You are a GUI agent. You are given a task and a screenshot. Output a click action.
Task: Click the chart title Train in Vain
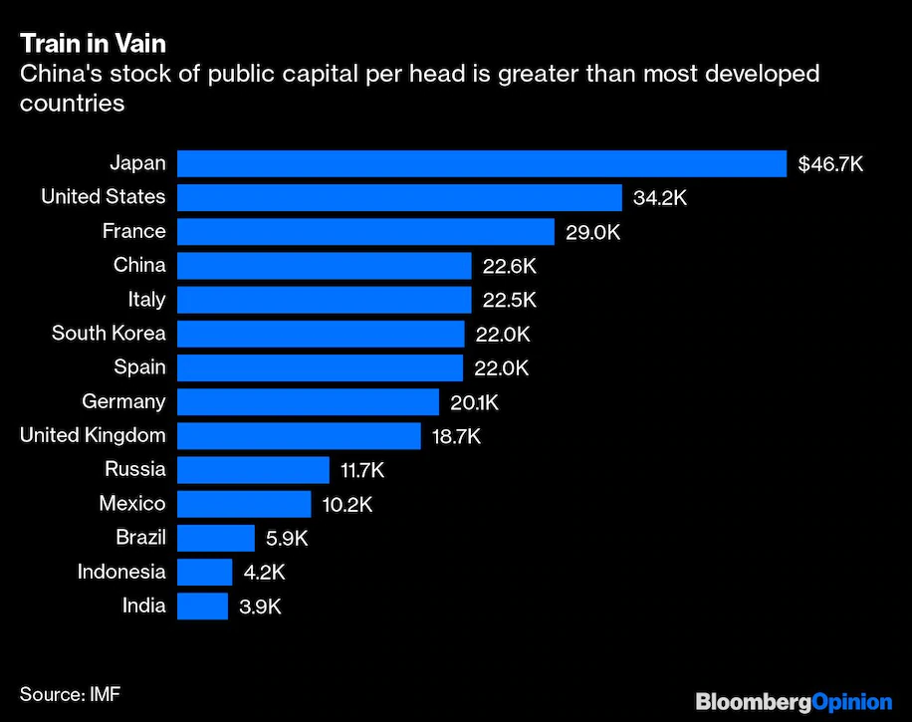point(93,44)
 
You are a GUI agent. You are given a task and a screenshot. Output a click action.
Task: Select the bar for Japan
point(482,163)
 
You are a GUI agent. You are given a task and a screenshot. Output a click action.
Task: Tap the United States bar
point(399,197)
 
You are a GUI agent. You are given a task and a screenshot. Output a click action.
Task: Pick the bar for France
point(365,232)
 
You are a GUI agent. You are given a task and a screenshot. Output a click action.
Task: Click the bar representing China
point(324,266)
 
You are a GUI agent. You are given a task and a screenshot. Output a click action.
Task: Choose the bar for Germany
point(308,401)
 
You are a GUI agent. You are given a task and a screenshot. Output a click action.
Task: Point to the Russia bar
point(253,470)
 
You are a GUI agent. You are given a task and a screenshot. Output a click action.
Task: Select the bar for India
point(202,605)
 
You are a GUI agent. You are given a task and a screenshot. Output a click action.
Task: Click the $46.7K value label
point(830,164)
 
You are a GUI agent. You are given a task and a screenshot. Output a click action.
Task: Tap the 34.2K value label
point(660,198)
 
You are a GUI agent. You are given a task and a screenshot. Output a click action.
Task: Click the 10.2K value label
point(347,504)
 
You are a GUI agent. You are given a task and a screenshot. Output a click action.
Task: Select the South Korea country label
point(109,333)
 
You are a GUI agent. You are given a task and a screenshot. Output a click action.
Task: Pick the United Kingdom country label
point(93,435)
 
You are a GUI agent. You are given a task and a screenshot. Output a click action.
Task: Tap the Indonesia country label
point(121,572)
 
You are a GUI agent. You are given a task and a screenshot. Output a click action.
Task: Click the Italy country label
point(146,299)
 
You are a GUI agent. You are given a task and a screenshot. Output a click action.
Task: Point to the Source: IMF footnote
point(70,692)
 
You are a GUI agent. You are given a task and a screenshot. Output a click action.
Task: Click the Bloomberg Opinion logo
point(793,701)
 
